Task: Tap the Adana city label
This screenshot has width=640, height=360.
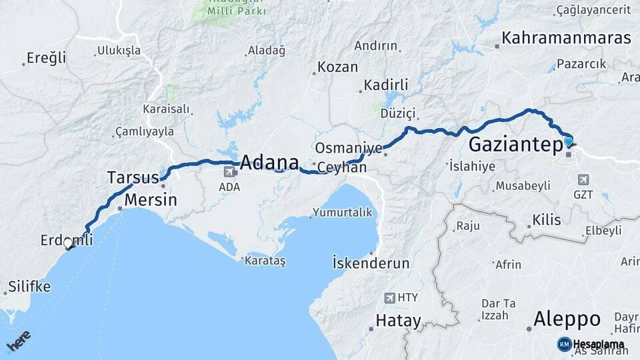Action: pos(269,163)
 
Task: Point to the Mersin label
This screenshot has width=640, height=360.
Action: pos(151,199)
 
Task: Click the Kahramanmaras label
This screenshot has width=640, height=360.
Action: pos(566,38)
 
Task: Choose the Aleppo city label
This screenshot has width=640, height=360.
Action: pos(567,319)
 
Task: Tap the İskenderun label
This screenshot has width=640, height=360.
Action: pos(371,263)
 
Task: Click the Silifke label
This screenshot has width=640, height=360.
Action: pos(29,287)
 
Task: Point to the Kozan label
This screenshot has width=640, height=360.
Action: pos(337,67)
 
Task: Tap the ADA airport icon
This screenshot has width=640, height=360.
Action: pos(230,172)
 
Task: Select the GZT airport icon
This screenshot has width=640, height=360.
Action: pos(584,180)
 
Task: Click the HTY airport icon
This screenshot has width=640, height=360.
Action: pos(390,298)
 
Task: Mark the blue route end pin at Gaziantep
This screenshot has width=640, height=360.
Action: pos(568,141)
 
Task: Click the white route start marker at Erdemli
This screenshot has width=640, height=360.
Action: pos(68,244)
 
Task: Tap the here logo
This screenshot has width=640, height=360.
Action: pos(18,341)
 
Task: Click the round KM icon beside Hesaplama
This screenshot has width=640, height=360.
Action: pos(564,344)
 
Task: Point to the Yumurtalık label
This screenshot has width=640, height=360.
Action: pos(340,213)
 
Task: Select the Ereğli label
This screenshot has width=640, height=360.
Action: pos(47,58)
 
